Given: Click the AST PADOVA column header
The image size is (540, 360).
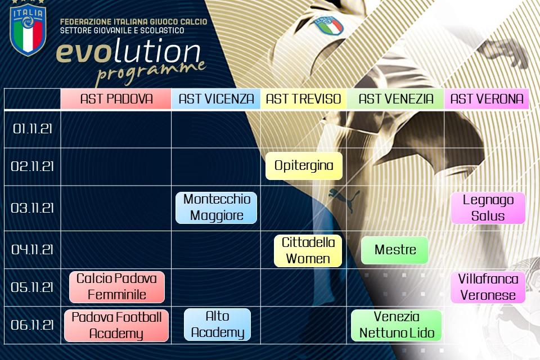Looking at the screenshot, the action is [116, 99].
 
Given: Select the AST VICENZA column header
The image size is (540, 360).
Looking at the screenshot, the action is [216, 99].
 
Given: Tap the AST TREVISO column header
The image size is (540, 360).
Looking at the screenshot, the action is [303, 99].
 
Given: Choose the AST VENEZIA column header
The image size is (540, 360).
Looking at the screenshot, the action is [395, 99].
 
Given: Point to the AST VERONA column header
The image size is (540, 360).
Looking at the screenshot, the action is [487, 99].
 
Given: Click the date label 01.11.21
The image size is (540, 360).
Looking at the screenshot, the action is [33, 129].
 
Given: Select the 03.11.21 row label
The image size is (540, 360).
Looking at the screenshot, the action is [33, 208].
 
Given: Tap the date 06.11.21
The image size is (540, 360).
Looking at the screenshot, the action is [33, 325].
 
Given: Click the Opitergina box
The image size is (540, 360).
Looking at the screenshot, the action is [304, 166].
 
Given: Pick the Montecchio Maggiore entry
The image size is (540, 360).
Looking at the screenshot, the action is [216, 208].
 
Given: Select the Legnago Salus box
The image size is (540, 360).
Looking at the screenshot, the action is [488, 208].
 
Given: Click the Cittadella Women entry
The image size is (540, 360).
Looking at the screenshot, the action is [308, 251].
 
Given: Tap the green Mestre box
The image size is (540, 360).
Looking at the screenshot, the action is [395, 250].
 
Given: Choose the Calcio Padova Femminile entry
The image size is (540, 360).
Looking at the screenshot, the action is [117, 287].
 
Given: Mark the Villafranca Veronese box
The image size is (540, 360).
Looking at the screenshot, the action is [488, 287].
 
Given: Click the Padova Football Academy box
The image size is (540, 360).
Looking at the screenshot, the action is [116, 326].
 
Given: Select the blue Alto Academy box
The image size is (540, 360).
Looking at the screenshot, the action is [217, 325].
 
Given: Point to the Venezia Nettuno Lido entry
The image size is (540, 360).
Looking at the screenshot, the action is [397, 325].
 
